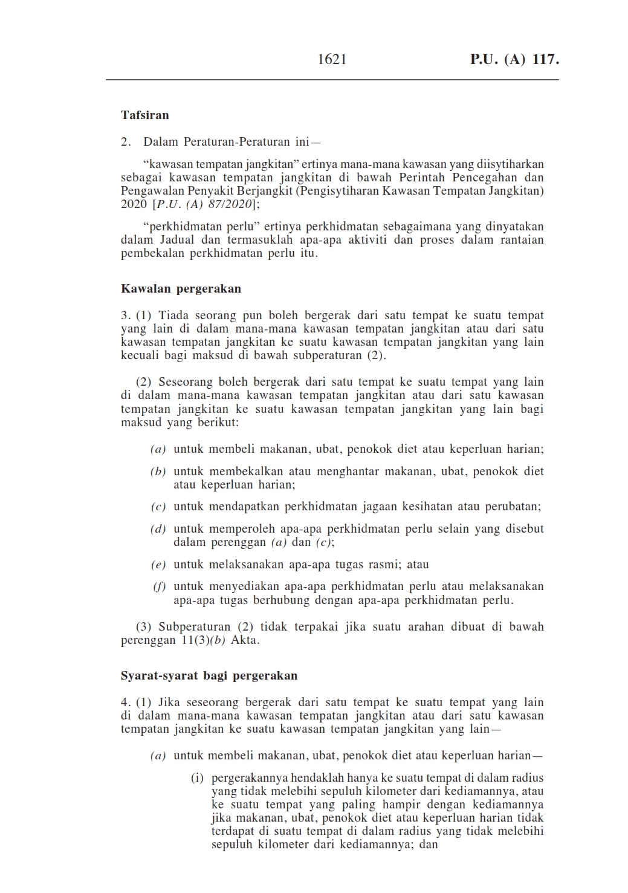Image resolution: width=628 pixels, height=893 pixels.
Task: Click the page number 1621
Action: (332, 59)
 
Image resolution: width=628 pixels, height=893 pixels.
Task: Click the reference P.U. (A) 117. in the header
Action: (514, 59)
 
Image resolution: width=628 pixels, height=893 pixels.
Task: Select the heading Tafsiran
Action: (145, 115)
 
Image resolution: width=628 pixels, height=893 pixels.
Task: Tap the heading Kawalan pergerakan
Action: (181, 288)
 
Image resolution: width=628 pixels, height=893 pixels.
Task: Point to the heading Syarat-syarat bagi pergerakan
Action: (209, 675)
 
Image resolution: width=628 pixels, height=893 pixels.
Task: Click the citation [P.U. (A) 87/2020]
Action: (205, 204)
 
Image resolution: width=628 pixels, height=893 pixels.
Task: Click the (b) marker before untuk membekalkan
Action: (158, 472)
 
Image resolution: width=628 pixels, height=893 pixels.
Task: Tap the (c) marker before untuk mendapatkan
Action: (158, 507)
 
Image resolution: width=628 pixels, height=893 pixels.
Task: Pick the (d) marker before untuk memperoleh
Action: (158, 529)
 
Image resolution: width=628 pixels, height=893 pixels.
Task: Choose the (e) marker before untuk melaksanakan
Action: (158, 565)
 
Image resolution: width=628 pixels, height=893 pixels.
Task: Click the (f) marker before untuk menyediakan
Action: (159, 586)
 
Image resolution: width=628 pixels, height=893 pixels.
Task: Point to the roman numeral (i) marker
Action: (198, 778)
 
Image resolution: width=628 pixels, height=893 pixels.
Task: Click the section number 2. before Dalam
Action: (126, 142)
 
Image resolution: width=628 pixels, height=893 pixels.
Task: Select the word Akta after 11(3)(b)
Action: (245, 640)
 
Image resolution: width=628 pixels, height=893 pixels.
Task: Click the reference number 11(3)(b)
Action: (203, 640)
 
